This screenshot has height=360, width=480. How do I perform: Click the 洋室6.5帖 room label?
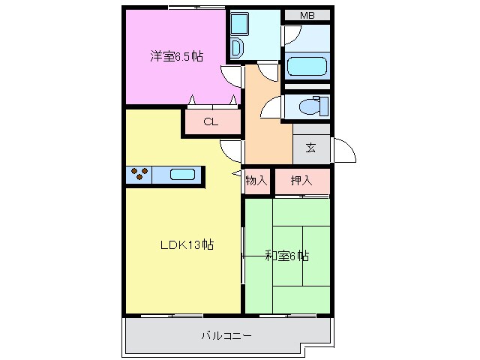tap(175, 56)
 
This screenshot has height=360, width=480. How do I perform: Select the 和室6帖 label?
tap(286, 256)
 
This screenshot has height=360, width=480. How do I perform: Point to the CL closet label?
tap(211, 123)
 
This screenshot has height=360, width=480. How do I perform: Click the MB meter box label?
tap(307, 16)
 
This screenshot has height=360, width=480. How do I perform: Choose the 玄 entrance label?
tap(310, 148)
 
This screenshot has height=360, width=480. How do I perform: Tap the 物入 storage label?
tap(256, 181)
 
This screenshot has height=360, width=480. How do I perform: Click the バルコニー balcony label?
tap(226, 335)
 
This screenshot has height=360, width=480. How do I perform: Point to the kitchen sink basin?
tap(182, 175)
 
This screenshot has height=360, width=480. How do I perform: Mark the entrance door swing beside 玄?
tap(344, 151)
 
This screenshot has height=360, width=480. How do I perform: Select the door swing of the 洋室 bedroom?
tap(232, 74)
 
